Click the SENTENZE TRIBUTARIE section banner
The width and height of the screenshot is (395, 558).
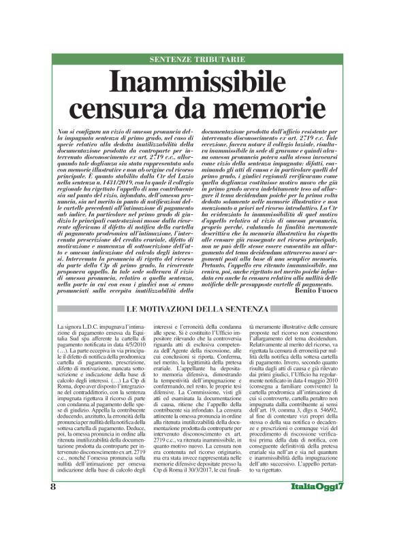pos(197,60)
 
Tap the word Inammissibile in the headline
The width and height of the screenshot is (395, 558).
pos(197,83)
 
